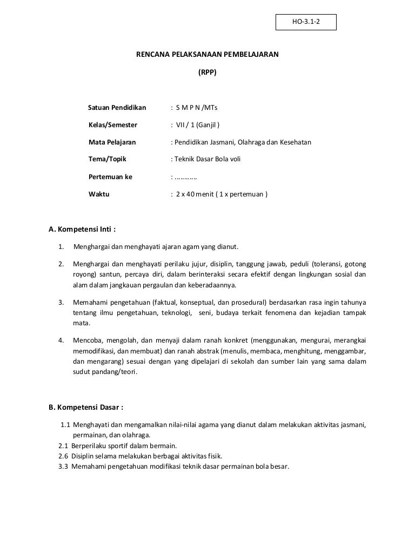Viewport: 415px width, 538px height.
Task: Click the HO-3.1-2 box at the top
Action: pyautogui.click(x=305, y=22)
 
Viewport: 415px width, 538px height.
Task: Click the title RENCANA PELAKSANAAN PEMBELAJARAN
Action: pyautogui.click(x=207, y=55)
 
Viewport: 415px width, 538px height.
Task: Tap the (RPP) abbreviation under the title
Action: pyautogui.click(x=207, y=71)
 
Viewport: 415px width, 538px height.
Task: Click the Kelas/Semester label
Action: pyautogui.click(x=112, y=125)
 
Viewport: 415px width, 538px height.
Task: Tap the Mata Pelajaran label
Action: pyautogui.click(x=112, y=142)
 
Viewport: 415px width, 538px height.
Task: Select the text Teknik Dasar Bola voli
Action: pyautogui.click(x=207, y=159)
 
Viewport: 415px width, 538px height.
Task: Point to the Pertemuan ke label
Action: pyautogui.click(x=110, y=176)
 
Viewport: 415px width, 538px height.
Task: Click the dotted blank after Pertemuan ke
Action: pyautogui.click(x=185, y=176)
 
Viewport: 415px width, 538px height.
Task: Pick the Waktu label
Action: pyautogui.click(x=99, y=194)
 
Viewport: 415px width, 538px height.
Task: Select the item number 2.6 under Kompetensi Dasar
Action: pyautogui.click(x=63, y=456)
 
